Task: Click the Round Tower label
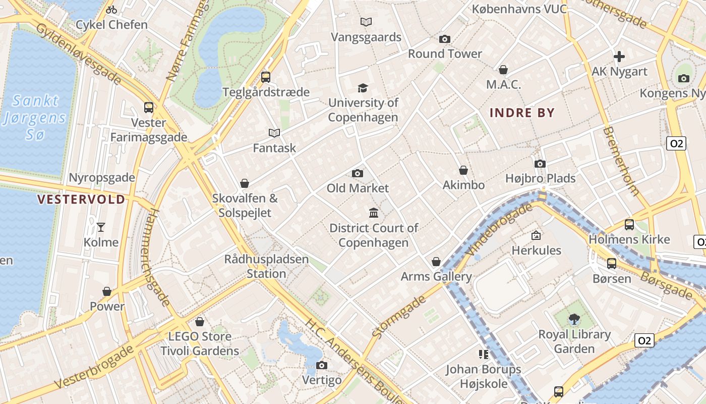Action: pyautogui.click(x=445, y=54)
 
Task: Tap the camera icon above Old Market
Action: pyautogui.click(x=358, y=174)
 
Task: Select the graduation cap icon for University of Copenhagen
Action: pyautogui.click(x=363, y=88)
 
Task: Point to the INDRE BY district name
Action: pyautogui.click(x=522, y=113)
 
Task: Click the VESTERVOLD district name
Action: pyautogui.click(x=81, y=199)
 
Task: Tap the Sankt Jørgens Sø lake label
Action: pyautogui.click(x=34, y=118)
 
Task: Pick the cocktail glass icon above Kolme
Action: pyautogui.click(x=101, y=227)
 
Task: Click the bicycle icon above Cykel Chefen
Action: pyautogui.click(x=111, y=10)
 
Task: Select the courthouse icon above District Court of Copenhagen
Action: pyautogui.click(x=374, y=213)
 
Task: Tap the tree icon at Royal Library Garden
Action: pyautogui.click(x=574, y=319)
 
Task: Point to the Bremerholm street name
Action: pyautogui.click(x=621, y=161)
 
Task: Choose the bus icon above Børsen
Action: pyautogui.click(x=612, y=263)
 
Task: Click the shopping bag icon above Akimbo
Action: pyautogui.click(x=463, y=171)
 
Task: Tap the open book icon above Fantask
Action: pyautogui.click(x=274, y=133)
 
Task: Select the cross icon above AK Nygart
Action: pyautogui.click(x=619, y=57)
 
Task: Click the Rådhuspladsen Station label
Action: pyautogui.click(x=266, y=267)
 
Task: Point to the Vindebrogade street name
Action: pyautogui.click(x=499, y=229)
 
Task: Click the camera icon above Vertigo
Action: pyautogui.click(x=322, y=365)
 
